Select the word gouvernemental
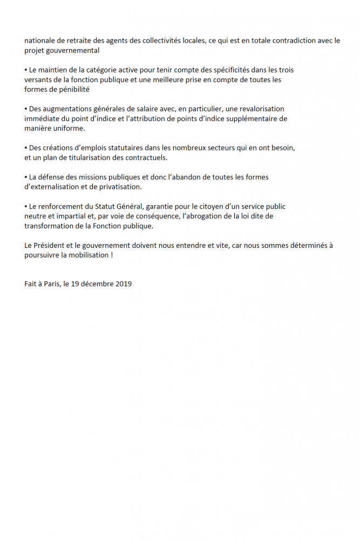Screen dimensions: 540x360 pyautogui.click(x=73, y=50)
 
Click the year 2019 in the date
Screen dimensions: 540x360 pyautogui.click(x=124, y=283)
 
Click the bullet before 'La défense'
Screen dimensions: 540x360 pyautogui.click(x=26, y=177)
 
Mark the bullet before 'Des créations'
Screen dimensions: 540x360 pyautogui.click(x=26, y=148)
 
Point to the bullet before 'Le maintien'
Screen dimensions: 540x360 pyautogui.click(x=26, y=70)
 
